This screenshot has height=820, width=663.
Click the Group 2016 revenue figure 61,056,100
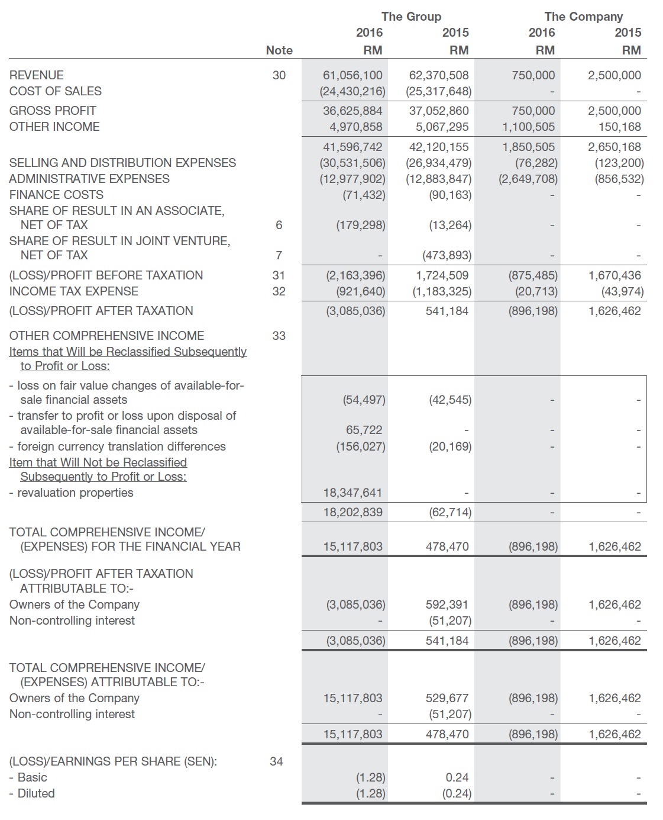(x=352, y=75)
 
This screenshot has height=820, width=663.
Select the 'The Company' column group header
(x=583, y=17)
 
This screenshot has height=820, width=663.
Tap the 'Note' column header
(x=279, y=50)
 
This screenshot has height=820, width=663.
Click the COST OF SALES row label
(x=56, y=91)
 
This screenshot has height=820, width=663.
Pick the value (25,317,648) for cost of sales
(x=439, y=91)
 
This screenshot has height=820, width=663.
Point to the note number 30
(x=279, y=75)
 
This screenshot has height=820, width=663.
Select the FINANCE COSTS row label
(x=56, y=195)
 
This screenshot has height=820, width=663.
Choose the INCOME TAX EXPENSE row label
(x=74, y=291)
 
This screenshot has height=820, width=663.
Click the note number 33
(x=279, y=336)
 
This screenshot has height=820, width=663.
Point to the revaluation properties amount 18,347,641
(x=352, y=493)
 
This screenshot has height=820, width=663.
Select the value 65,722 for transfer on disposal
(x=364, y=430)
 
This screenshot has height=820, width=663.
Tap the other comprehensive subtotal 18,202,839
(x=352, y=512)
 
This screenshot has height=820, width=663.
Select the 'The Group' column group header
(x=411, y=17)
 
